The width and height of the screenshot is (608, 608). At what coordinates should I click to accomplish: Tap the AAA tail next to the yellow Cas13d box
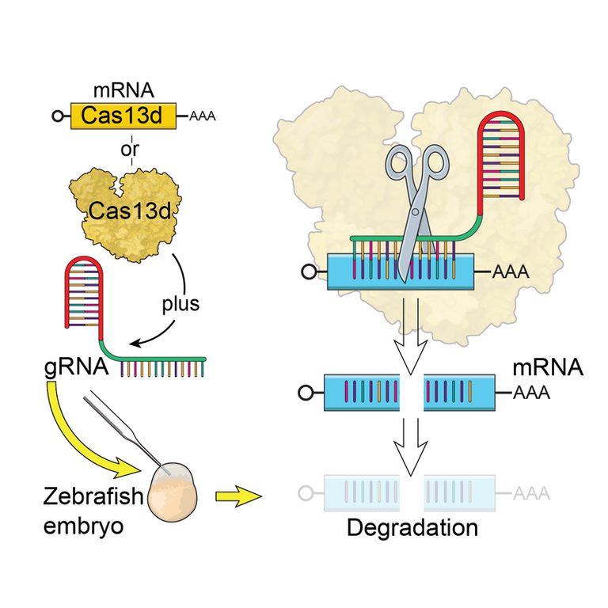pos(202,117)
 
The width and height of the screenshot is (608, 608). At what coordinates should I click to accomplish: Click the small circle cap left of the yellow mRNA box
pos(57,117)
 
